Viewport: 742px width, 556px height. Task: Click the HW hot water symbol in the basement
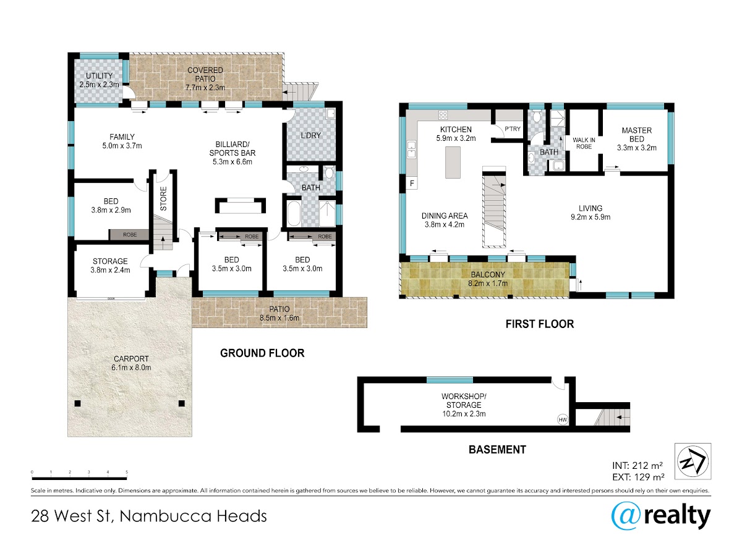(x=563, y=419)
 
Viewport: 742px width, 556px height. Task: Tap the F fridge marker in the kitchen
(x=412, y=183)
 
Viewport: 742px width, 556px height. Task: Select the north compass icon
(x=693, y=461)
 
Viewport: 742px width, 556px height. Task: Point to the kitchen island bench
(x=453, y=162)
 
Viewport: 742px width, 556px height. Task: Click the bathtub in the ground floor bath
(x=293, y=214)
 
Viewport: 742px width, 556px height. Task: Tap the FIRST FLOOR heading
(x=540, y=324)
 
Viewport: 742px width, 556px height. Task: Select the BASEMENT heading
(x=497, y=450)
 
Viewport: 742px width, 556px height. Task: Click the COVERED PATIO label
(x=205, y=75)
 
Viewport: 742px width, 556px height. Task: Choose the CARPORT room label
(x=131, y=359)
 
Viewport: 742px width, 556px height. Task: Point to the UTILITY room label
(x=99, y=75)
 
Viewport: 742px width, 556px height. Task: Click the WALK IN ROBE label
(x=584, y=143)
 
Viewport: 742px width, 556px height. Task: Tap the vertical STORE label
(x=163, y=198)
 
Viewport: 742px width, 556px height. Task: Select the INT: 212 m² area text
(x=638, y=466)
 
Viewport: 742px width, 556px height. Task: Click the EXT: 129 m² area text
(x=638, y=477)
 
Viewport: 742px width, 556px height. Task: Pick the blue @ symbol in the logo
(x=626, y=516)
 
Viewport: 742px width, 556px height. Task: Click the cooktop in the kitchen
(x=443, y=115)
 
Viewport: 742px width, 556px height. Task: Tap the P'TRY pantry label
(x=513, y=129)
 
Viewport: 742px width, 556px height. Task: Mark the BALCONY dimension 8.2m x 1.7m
(x=488, y=284)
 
